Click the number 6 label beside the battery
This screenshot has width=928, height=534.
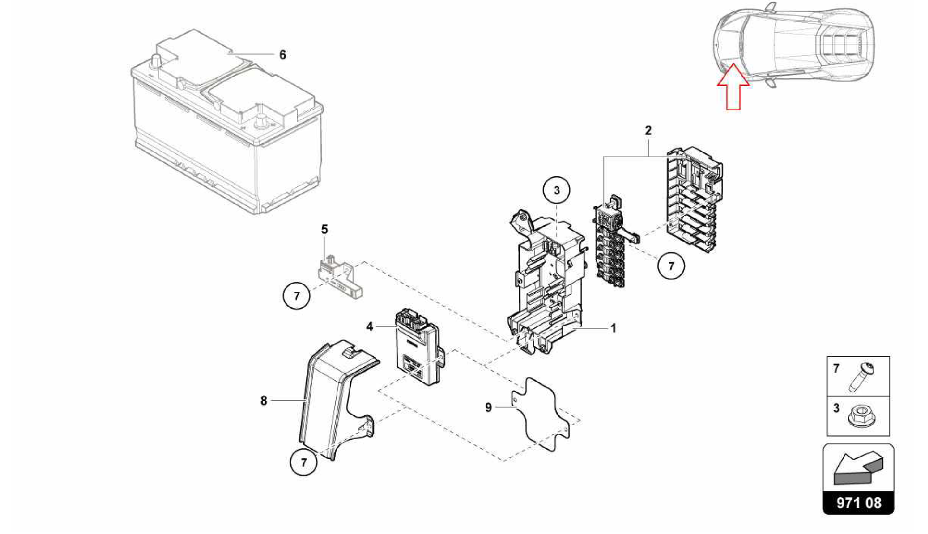[283, 55]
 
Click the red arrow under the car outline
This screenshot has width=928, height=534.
[733, 88]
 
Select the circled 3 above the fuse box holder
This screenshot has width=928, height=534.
[556, 190]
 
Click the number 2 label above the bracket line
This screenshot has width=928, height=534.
[648, 131]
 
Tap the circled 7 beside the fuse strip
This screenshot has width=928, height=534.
[671, 266]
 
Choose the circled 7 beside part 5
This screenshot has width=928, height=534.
[296, 296]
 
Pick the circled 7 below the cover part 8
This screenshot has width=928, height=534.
[303, 462]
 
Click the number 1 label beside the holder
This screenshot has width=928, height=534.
[613, 328]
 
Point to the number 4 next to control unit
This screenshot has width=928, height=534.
[370, 326]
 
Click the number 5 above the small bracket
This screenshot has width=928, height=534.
[324, 229]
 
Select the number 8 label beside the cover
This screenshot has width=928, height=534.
[264, 401]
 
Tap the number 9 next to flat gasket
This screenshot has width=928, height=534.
[488, 408]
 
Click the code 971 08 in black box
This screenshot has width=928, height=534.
[859, 503]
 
